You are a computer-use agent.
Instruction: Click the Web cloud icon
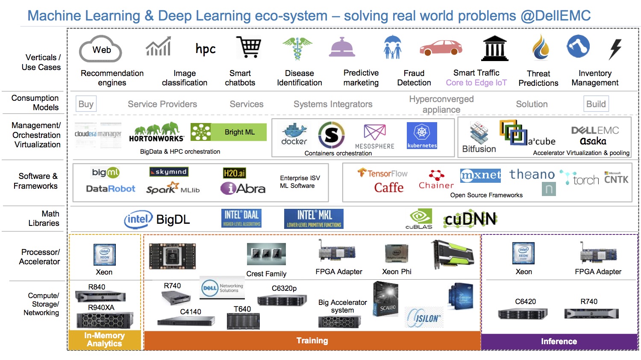pos(101,49)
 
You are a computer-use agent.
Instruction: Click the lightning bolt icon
pos(615,49)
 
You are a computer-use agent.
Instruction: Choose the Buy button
pos(86,104)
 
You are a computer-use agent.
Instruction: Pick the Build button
pos(596,104)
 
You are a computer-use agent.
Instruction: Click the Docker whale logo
pos(294,134)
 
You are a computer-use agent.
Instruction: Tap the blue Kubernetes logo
pos(422,135)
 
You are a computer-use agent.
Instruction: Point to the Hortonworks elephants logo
pos(156,132)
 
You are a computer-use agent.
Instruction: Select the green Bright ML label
pos(239,132)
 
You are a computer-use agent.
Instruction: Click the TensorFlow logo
pos(382,173)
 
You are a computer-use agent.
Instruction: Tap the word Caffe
pos(389,187)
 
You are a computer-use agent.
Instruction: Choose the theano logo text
pos(532,174)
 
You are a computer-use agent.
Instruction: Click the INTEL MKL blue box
pos(314,219)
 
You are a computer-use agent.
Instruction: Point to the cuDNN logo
pos(470,219)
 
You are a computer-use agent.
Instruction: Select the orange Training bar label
pos(312,341)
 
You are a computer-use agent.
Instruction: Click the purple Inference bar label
pos(559,341)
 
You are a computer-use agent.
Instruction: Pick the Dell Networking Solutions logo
pos(222,288)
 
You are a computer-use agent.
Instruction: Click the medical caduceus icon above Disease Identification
pos(297,47)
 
